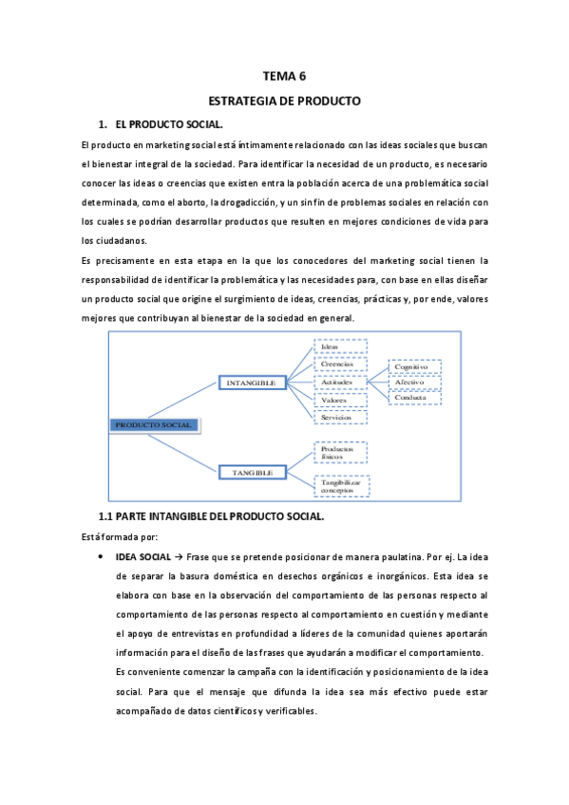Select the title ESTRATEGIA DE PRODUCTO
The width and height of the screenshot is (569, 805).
point(285,101)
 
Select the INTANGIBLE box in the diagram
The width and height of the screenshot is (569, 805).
point(252,383)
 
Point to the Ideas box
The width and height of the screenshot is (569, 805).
point(339,346)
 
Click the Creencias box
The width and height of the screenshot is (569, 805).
point(339,364)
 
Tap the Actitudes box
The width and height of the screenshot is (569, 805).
point(339,382)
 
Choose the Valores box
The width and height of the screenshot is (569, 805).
point(339,400)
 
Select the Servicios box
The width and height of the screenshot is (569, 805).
point(339,417)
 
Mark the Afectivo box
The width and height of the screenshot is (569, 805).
point(414,383)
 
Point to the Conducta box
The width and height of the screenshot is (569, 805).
point(414,398)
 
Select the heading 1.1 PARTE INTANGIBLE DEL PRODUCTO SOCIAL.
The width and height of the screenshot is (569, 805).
point(212,517)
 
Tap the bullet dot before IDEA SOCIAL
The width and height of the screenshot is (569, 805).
point(101,557)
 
